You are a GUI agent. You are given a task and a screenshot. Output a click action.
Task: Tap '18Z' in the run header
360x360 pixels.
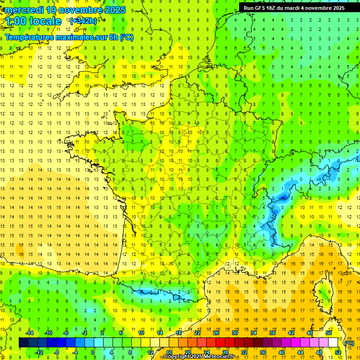point(271,7)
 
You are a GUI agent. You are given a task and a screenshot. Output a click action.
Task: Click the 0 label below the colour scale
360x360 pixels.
point(93,352)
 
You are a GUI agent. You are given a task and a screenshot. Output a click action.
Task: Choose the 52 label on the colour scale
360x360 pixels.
point(337,352)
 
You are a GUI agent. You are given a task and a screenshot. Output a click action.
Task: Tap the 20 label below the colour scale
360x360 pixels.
point(187,352)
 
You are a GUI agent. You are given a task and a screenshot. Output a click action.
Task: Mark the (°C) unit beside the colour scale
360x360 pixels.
point(349,343)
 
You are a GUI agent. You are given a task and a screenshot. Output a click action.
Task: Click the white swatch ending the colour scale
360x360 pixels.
point(333,342)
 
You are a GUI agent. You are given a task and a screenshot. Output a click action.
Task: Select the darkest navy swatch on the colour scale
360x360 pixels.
point(23,342)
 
